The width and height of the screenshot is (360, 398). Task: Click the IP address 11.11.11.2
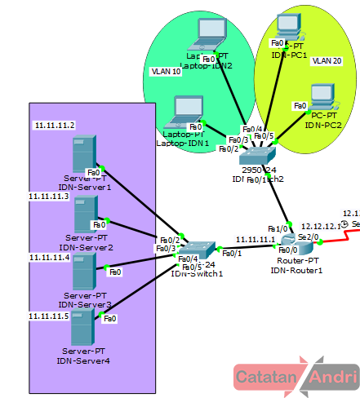[x=54, y=126]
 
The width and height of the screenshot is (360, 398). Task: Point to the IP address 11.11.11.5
[x=48, y=316]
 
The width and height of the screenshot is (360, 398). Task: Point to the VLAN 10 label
[x=167, y=72]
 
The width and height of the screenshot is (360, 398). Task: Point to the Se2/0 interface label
[x=309, y=236]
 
